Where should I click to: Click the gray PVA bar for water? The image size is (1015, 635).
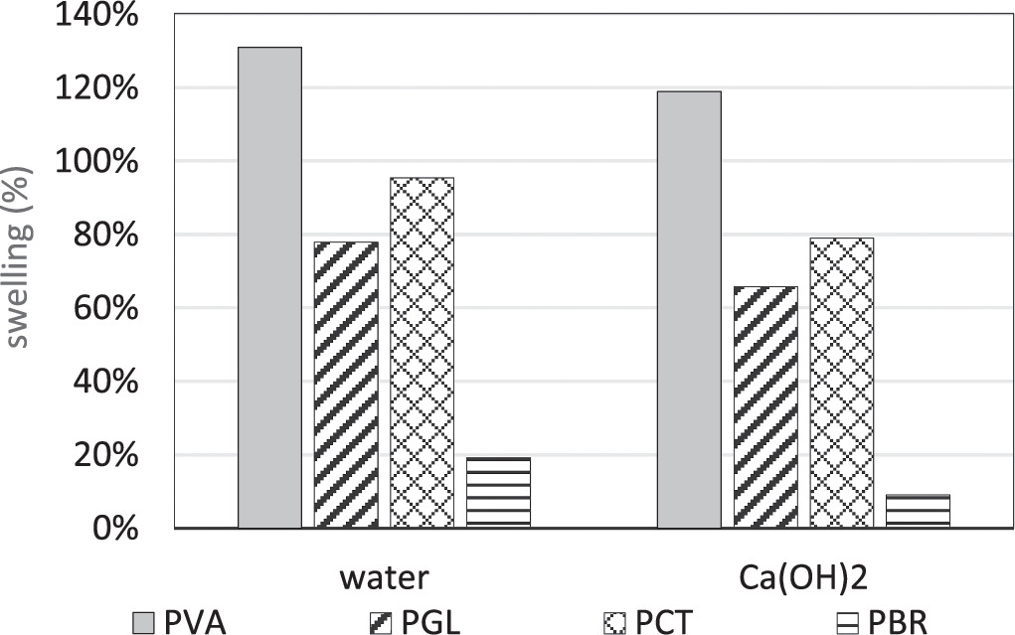point(269,287)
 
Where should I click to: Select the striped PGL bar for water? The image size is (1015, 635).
point(346,385)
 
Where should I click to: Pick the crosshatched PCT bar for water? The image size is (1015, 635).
point(422,353)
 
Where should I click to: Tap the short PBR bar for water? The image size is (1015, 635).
point(498,492)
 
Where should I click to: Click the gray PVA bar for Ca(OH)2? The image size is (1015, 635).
point(689,309)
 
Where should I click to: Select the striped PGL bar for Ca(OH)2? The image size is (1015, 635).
point(765,406)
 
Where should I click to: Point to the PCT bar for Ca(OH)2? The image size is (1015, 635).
point(841,383)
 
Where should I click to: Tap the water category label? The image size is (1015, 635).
point(385,577)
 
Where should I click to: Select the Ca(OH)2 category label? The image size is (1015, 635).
point(803,577)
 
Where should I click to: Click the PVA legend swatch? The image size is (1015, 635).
point(145,623)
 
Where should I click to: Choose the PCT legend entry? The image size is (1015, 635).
point(650,623)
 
